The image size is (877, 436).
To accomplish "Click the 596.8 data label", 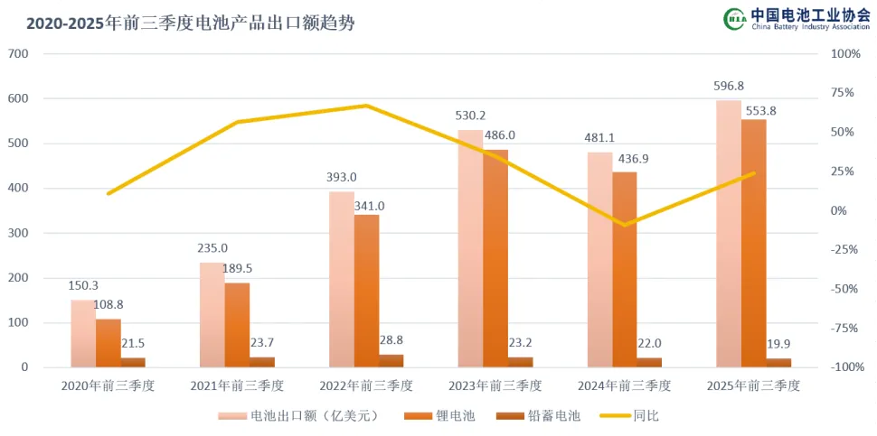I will [x=729, y=87].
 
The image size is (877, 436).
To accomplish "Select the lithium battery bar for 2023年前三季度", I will [x=495, y=258].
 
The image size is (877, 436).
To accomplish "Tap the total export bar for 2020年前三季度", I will [x=83, y=334].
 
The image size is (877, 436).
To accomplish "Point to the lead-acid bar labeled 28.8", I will [x=391, y=361].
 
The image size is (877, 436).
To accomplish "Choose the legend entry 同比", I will [x=644, y=416].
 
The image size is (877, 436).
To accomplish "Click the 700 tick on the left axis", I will [x=19, y=54].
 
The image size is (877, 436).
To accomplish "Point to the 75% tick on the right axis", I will [x=843, y=92].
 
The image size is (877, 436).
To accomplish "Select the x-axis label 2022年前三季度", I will [x=366, y=385].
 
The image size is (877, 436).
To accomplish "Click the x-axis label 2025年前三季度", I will [x=754, y=385].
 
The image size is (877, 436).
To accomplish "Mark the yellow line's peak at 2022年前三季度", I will [x=366, y=106].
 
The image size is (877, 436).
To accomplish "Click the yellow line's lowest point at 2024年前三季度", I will [x=624, y=224].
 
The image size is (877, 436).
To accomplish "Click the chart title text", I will [x=191, y=23].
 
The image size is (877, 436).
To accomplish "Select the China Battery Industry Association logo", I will [x=796, y=20].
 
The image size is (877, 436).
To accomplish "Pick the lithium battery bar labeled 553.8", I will [x=754, y=244].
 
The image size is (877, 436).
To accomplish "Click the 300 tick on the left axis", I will [x=19, y=233].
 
